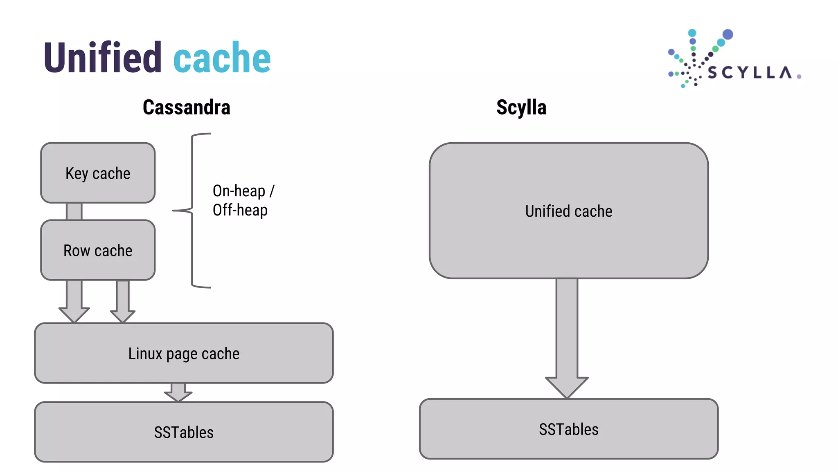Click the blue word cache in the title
click(222, 58)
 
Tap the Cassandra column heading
click(186, 108)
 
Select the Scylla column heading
click(521, 108)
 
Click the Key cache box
click(98, 173)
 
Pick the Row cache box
click(98, 250)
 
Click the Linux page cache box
click(184, 353)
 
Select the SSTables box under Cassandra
click(184, 432)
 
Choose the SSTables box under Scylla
click(568, 429)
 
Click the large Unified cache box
click(568, 211)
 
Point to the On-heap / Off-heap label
click(243, 200)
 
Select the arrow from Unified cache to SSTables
click(567, 339)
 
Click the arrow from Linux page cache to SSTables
click(178, 392)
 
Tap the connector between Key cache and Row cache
click(74, 211)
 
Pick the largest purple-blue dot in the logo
click(728, 34)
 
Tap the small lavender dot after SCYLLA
click(799, 76)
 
